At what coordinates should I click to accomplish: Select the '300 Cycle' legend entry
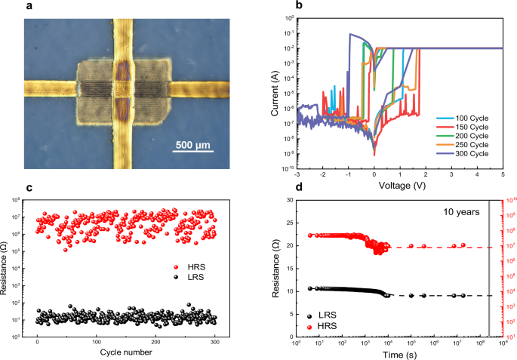click(466, 153)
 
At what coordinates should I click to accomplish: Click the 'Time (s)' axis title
click(391, 352)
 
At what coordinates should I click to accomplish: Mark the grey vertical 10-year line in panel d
click(489, 267)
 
